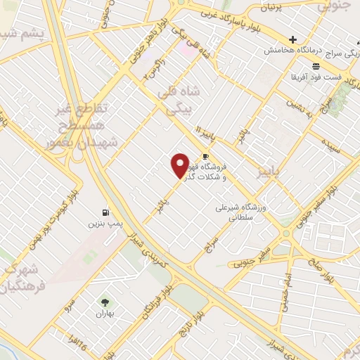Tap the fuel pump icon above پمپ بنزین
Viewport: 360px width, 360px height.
point(105,212)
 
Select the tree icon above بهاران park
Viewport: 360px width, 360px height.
point(105,302)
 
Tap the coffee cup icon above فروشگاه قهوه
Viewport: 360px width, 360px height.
point(205,156)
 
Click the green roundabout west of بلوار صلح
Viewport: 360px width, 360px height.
point(285,231)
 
